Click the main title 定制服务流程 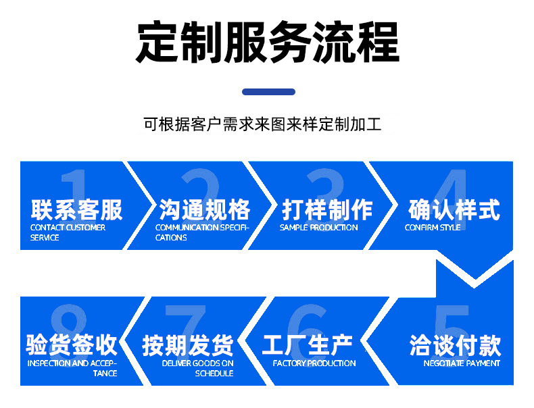click(267, 42)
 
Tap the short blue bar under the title click(268, 92)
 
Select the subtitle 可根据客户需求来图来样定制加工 click(263, 125)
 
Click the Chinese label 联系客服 click(77, 209)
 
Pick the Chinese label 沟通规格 click(205, 209)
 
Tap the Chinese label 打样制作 click(327, 209)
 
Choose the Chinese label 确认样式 click(454, 209)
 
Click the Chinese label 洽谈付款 click(455, 345)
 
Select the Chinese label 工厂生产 click(308, 345)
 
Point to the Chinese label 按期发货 click(187, 345)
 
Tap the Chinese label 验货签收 click(72, 345)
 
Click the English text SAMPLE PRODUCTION click(319, 228)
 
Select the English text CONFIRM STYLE click(433, 228)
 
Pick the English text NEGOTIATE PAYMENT click(462, 363)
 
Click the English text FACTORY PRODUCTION click(314, 363)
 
